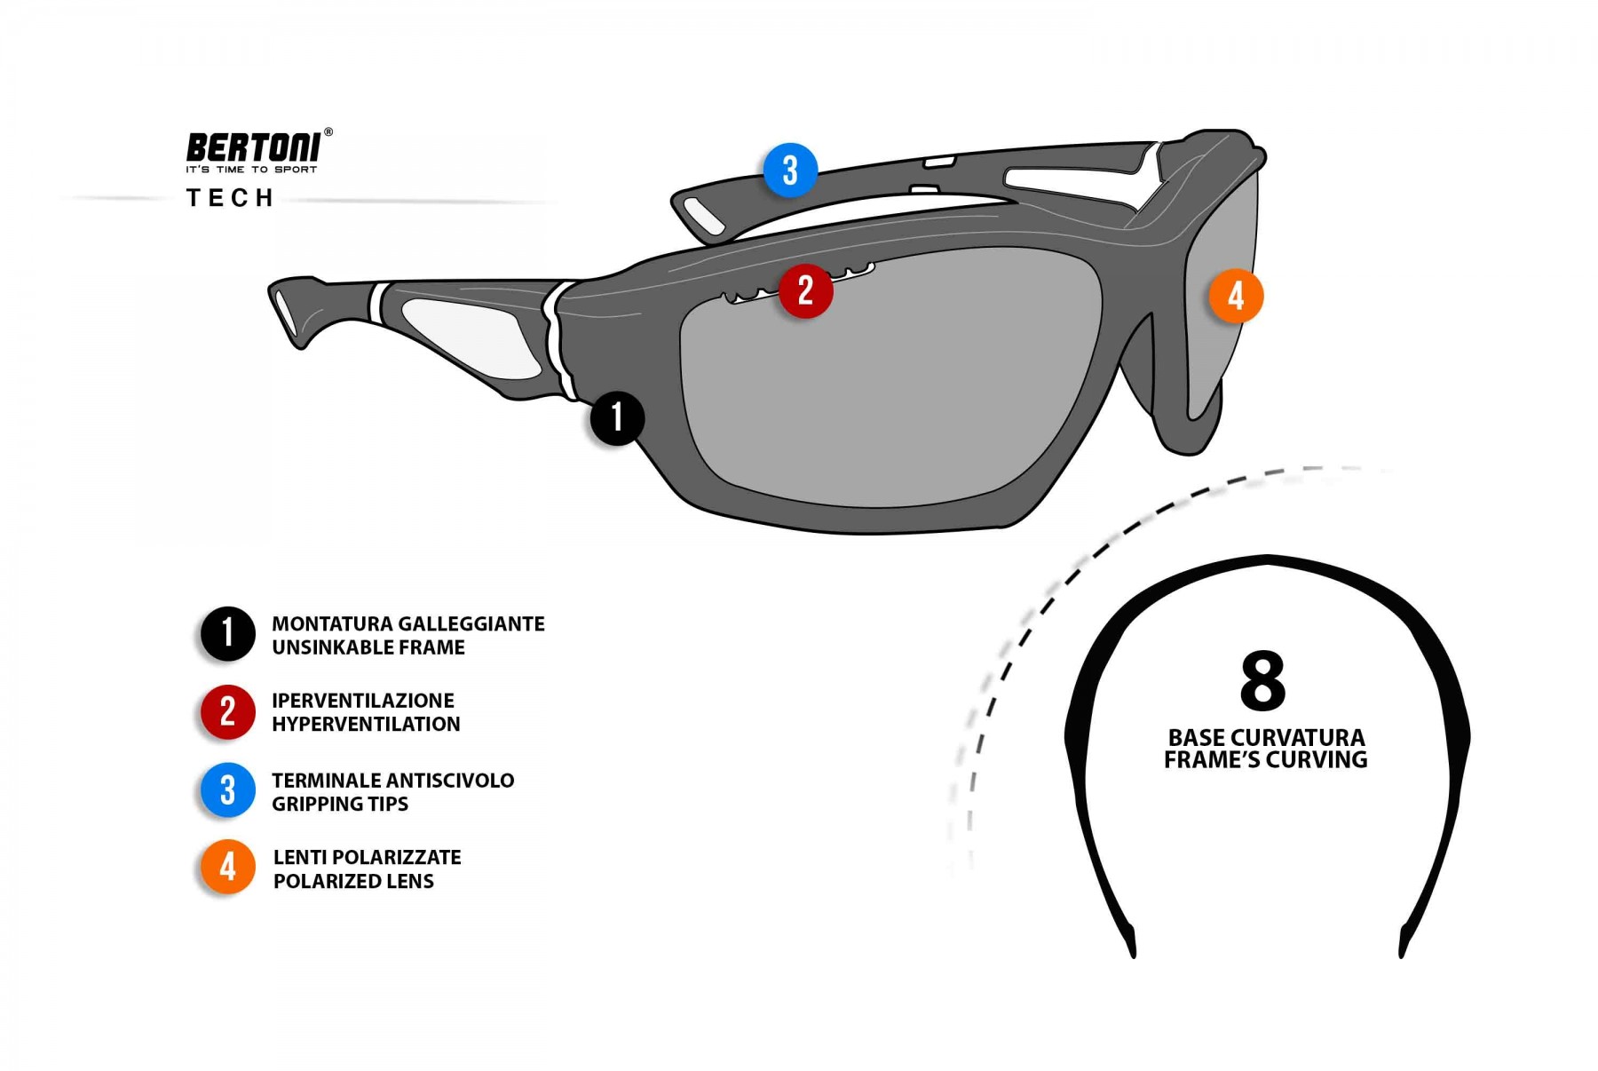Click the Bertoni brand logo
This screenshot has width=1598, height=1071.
254,147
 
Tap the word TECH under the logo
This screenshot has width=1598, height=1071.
230,198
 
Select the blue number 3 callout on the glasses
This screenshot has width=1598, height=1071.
790,170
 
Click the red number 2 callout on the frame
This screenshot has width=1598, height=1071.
805,290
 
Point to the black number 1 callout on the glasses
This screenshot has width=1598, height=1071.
617,417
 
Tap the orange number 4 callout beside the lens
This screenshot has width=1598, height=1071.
1236,296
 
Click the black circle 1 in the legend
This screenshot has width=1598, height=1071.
227,634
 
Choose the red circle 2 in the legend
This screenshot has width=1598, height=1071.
227,711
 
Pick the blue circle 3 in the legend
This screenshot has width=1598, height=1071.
227,789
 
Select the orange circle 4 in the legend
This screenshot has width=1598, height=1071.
227,867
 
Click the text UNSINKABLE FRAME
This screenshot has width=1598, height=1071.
368,647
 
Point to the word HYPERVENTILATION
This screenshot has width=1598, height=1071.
366,725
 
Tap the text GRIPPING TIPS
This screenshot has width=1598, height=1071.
340,805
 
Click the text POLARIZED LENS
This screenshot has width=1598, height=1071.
353,882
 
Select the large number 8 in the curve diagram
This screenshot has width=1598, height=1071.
1263,681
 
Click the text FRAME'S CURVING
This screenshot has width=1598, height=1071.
1265,760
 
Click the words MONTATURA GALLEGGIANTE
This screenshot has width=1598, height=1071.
408,624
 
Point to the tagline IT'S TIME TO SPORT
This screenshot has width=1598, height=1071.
251,170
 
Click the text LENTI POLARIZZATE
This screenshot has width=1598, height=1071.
368,858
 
